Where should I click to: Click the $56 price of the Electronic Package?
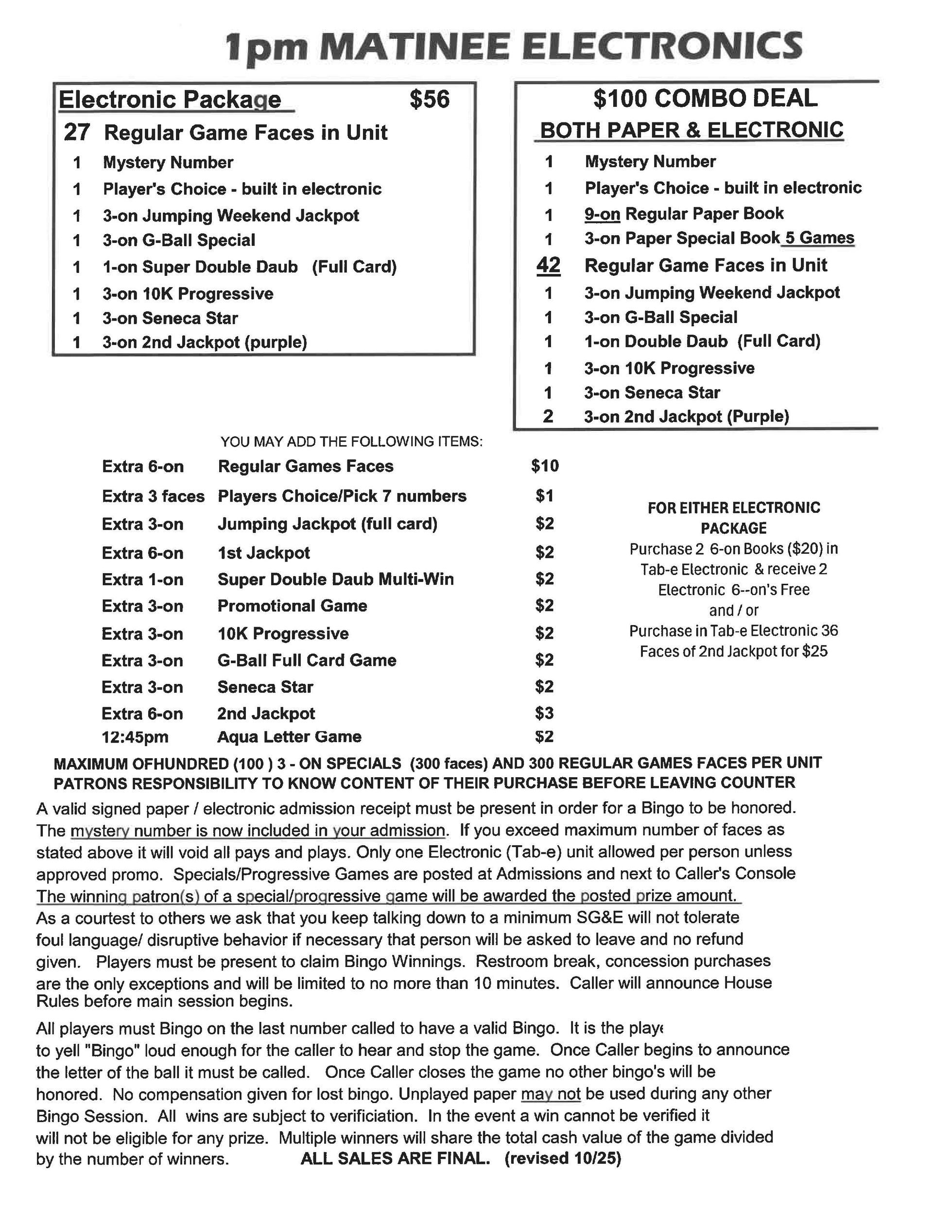pos(429,100)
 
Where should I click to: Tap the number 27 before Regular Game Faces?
pos(76,133)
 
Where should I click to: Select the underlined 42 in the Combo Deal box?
pos(548,265)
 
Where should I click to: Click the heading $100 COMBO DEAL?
pos(705,99)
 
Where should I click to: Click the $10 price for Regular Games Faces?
pos(545,466)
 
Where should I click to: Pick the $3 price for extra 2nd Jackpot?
pos(544,713)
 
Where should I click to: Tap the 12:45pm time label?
pos(135,737)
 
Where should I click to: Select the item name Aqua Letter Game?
pos(289,737)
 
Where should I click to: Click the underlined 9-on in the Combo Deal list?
pos(602,213)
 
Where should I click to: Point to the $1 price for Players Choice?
pos(544,496)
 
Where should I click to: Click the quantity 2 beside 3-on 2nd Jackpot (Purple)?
pos(548,416)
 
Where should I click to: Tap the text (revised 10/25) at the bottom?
pos(562,1158)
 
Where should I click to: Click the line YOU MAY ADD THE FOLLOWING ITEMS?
pos(351,442)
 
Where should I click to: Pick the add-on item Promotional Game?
pos(292,606)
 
